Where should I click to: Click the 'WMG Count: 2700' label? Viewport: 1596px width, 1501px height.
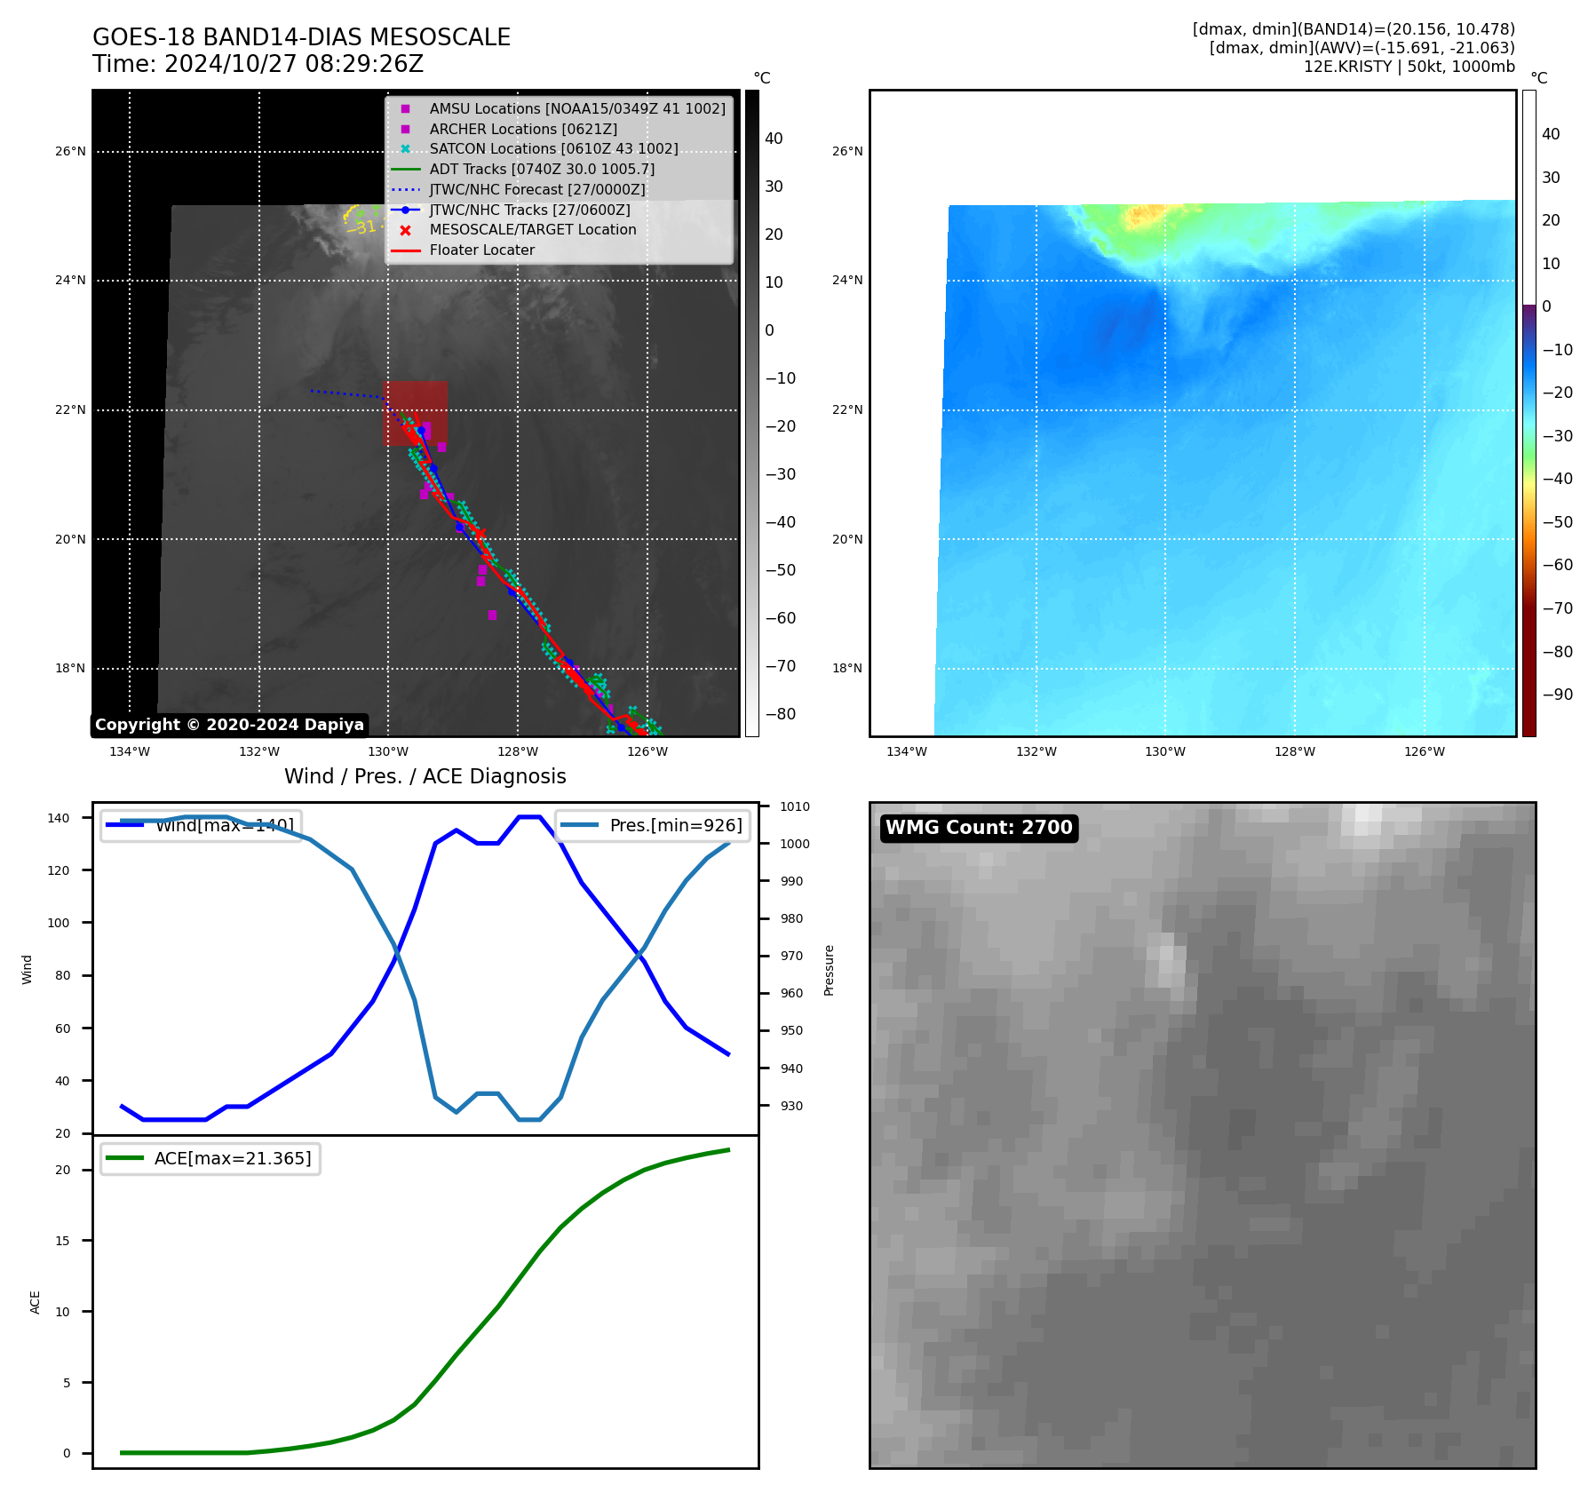click(979, 828)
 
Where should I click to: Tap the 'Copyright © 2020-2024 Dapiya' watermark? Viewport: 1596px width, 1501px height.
click(229, 725)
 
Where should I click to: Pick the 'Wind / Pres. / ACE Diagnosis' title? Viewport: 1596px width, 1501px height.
click(425, 776)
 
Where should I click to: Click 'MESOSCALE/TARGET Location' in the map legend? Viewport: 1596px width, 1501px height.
click(533, 230)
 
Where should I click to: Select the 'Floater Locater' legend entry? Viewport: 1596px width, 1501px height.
click(482, 250)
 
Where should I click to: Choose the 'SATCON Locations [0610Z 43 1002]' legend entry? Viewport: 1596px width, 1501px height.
click(553, 149)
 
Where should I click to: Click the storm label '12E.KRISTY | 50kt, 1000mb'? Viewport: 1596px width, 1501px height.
click(1409, 67)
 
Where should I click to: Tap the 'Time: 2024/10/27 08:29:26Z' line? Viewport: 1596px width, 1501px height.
click(258, 65)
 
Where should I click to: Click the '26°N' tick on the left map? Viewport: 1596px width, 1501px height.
click(70, 152)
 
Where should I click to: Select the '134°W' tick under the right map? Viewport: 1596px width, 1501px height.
click(906, 752)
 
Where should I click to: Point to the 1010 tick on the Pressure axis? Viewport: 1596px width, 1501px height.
click(795, 807)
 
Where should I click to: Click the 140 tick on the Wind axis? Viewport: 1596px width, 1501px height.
click(59, 818)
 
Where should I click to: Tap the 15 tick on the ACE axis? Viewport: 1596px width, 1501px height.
click(62, 1241)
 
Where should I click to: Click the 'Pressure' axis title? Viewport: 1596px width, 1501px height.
click(829, 970)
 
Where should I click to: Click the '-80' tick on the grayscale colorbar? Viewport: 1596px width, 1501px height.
click(781, 714)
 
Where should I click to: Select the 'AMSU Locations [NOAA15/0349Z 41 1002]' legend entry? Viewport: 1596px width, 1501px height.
click(577, 109)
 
